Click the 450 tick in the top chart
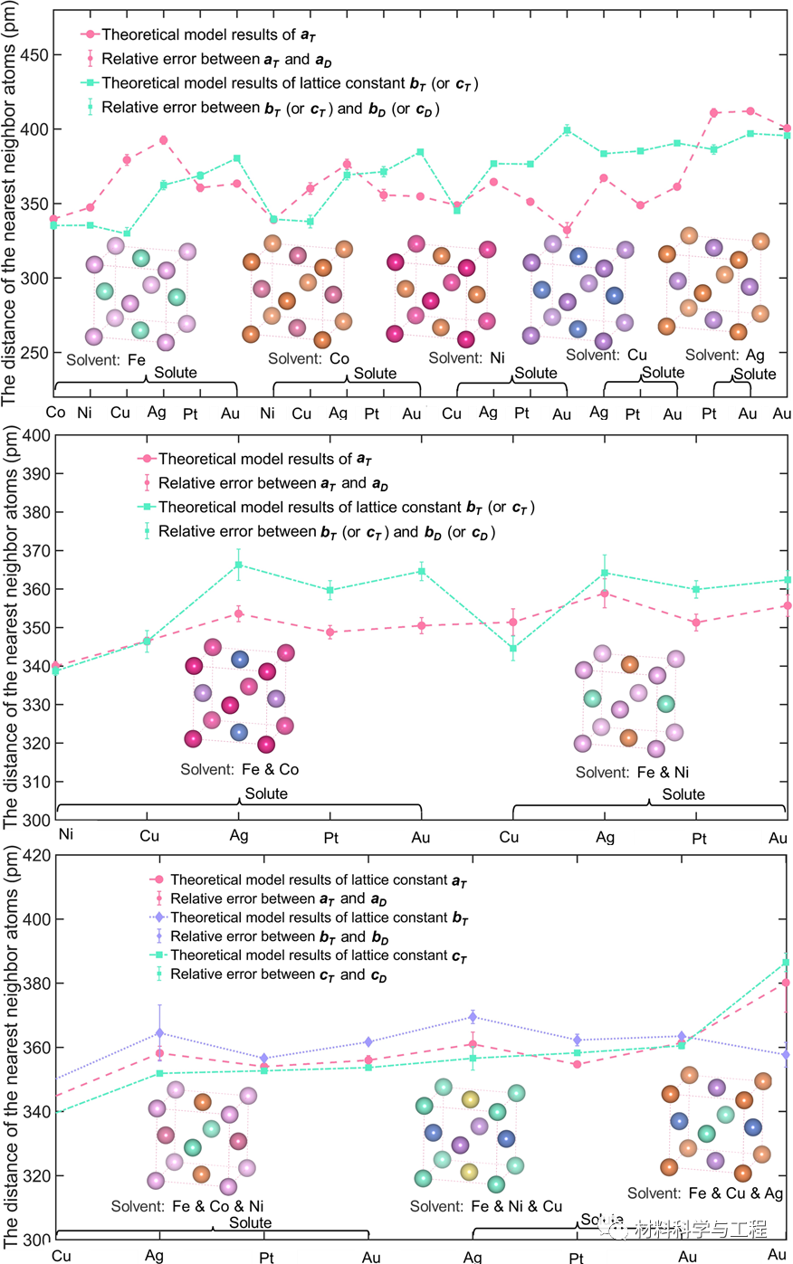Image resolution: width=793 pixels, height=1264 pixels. click(34, 55)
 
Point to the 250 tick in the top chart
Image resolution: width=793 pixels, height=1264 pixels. click(34, 353)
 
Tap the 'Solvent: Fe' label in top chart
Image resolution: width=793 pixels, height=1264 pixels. click(106, 360)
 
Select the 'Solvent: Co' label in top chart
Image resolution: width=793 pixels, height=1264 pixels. click(308, 359)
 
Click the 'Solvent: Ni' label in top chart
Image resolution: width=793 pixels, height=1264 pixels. click(466, 358)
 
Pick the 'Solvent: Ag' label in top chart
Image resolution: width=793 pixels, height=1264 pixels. click(724, 356)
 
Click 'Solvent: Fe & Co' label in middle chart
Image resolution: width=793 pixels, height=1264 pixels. click(239, 770)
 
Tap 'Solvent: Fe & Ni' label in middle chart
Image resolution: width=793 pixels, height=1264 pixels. click(632, 773)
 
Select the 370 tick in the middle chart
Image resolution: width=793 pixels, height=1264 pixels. click(36, 551)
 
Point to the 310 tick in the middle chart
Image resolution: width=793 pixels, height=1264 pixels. click(36, 782)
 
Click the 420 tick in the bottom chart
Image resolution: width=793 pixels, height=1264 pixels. click(36, 855)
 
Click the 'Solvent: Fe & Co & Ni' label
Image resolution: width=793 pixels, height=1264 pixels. click(187, 1207)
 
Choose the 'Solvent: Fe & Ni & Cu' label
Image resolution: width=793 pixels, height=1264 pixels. click(486, 1207)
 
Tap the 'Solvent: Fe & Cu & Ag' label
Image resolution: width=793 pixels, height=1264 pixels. click(705, 1194)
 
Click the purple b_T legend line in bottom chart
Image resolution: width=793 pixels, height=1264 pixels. click(158, 917)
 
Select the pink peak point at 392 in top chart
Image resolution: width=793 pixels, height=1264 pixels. click(163, 140)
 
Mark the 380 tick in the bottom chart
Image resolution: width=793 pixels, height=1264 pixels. click(36, 984)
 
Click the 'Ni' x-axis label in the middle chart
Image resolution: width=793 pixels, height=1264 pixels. click(66, 834)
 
